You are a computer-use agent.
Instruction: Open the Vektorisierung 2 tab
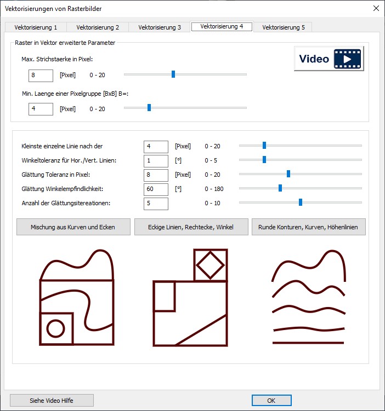pos(98,27)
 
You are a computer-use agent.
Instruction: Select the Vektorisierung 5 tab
pos(284,27)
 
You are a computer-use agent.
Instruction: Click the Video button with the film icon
pos(329,59)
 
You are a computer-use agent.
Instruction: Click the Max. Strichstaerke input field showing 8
pos(41,76)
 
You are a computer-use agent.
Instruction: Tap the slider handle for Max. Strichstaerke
pos(173,74)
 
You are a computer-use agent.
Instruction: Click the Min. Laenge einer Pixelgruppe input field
pos(41,109)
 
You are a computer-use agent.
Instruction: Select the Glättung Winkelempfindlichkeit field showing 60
pos(156,189)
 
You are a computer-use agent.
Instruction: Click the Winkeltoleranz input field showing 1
pos(156,161)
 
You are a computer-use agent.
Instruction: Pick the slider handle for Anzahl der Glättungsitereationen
pos(301,202)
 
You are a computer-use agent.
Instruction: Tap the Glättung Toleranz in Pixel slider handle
pos(288,173)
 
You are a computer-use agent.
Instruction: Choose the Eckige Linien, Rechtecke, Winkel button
pos(191,227)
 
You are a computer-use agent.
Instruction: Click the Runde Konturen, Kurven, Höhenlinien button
pos(309,227)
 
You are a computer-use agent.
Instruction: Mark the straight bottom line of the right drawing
pos(308,343)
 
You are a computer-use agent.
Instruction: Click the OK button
pos(271,401)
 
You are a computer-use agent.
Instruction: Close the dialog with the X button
pos(376,8)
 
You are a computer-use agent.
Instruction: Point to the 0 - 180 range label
pos(214,189)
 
